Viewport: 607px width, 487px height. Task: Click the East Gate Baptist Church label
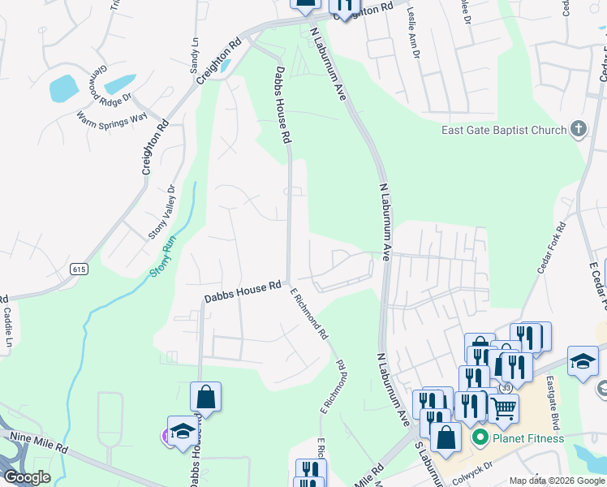tap(503, 130)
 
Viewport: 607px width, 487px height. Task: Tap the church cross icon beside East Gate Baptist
tap(578, 129)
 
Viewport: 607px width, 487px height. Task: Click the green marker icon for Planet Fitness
tap(480, 439)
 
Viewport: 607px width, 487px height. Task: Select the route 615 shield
tap(79, 269)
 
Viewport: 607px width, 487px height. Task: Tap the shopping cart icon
tap(503, 410)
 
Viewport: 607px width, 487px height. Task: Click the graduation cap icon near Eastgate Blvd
tap(583, 360)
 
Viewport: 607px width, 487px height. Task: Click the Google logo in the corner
tap(27, 477)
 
